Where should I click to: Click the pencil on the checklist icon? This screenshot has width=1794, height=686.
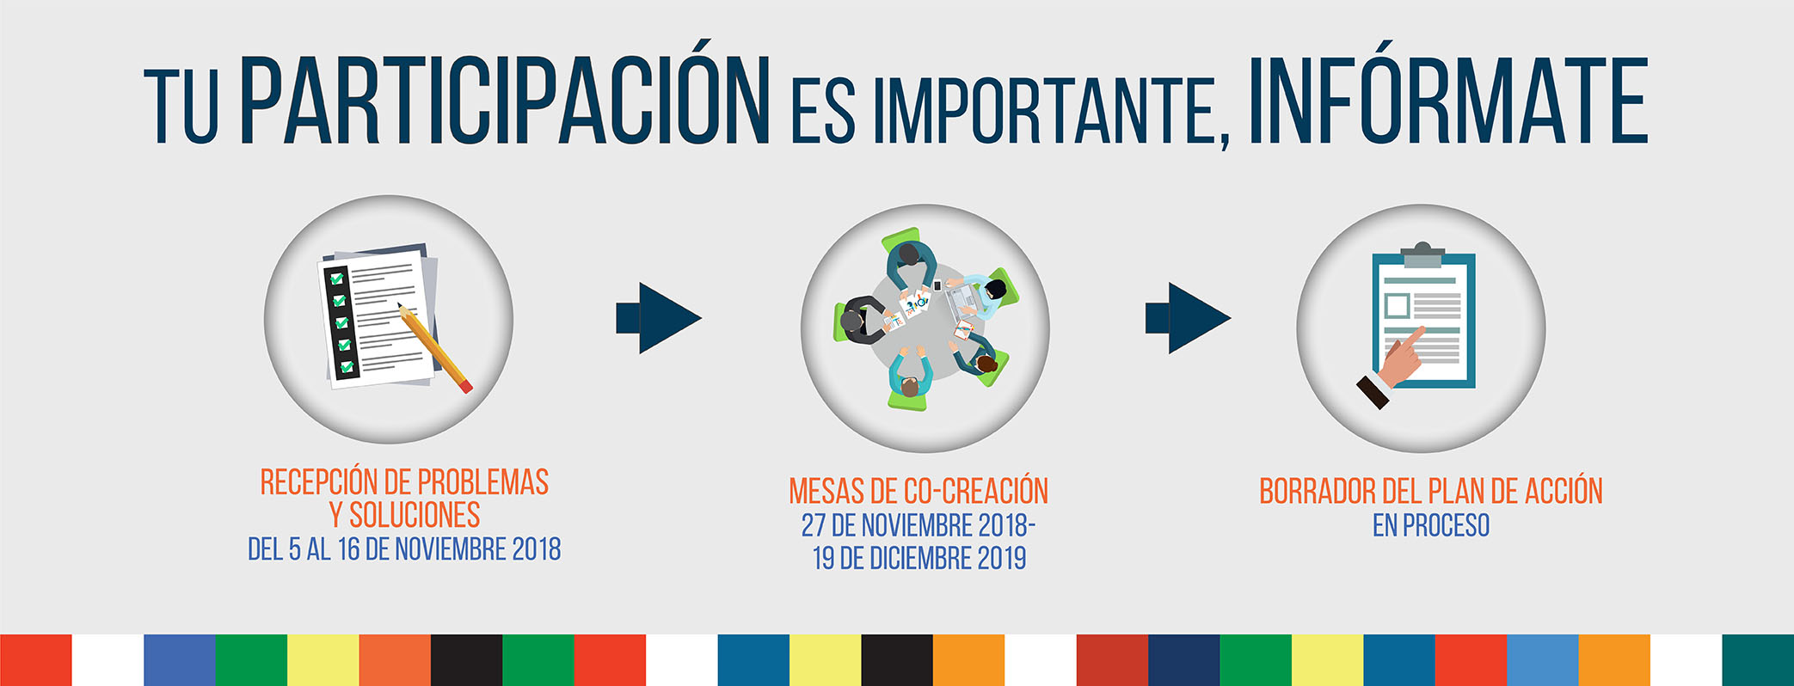point(434,348)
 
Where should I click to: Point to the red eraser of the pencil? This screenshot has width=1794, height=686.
point(465,387)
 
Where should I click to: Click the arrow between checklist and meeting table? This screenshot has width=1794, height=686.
point(659,318)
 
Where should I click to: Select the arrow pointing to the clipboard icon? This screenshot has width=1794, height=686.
point(1188,318)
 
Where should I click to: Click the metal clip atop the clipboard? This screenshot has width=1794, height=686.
point(1422,254)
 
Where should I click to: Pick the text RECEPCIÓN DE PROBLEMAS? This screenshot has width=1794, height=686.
point(404,482)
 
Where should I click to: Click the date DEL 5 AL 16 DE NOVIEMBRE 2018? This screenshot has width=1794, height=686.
point(404,549)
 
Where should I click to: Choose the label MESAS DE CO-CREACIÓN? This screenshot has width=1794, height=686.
point(919,491)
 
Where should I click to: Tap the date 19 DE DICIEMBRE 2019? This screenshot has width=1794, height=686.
point(919,558)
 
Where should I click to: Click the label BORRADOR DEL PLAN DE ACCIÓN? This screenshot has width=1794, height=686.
point(1431,491)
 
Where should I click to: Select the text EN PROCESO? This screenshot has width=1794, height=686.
point(1431,524)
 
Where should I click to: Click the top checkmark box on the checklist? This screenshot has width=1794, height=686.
point(336,279)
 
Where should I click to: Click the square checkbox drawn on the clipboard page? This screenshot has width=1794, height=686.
point(1397,305)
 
